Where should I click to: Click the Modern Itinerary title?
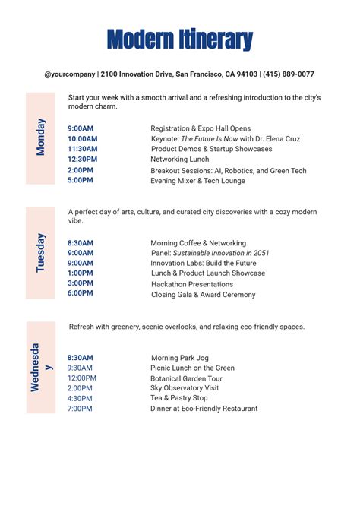(x=180, y=39)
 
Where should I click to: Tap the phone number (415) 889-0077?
(x=288, y=74)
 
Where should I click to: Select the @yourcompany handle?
(x=69, y=74)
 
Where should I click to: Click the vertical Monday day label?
(x=41, y=138)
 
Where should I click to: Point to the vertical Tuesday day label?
(x=41, y=252)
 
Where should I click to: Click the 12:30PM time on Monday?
(x=82, y=160)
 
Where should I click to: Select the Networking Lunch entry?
(x=179, y=160)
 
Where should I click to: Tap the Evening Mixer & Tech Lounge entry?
(x=197, y=181)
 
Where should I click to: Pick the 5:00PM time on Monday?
(x=81, y=180)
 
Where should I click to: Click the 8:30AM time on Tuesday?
(x=81, y=243)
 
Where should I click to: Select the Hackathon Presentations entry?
(x=192, y=284)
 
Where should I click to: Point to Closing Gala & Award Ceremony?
(x=203, y=295)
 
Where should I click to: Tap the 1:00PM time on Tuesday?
(x=81, y=273)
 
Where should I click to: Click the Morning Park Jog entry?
(x=179, y=358)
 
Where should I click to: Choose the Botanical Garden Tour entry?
(x=186, y=378)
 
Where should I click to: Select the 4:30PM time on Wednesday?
(x=80, y=398)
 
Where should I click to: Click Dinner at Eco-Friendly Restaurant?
(x=204, y=409)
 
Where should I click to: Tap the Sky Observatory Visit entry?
(x=185, y=388)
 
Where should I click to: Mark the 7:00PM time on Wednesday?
(x=80, y=409)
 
